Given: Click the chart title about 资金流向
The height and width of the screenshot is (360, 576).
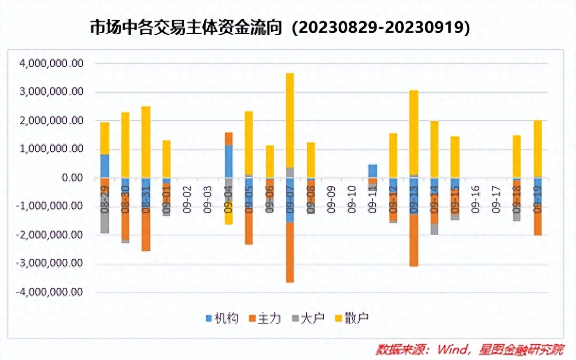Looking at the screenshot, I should [x=280, y=28].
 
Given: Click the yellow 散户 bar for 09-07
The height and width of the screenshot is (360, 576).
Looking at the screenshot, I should [x=290, y=120].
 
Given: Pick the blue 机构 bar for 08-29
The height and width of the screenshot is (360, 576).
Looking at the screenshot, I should [x=104, y=166].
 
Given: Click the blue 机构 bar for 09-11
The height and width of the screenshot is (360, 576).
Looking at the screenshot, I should [x=372, y=171].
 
